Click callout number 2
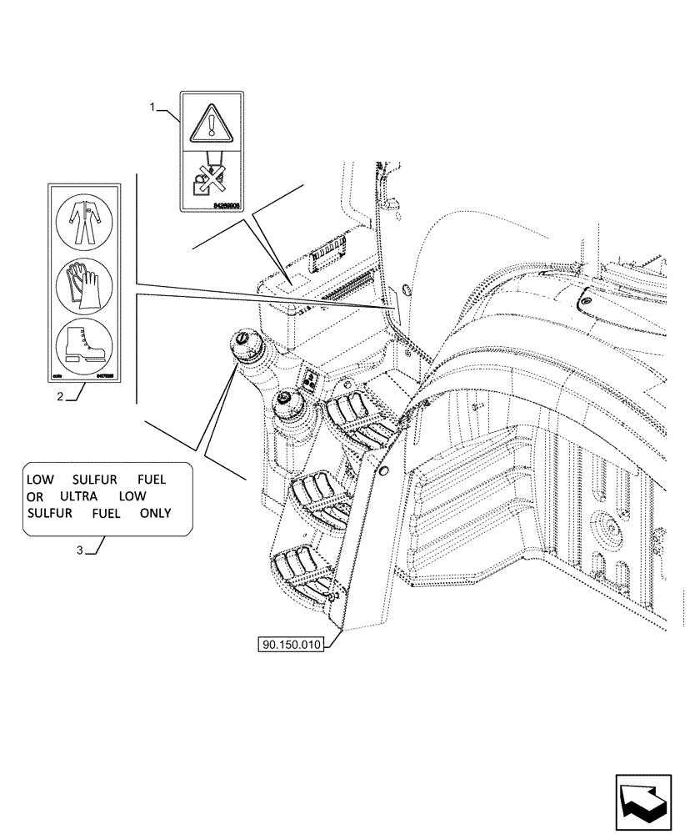click(x=61, y=397)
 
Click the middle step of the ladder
click(x=321, y=498)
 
